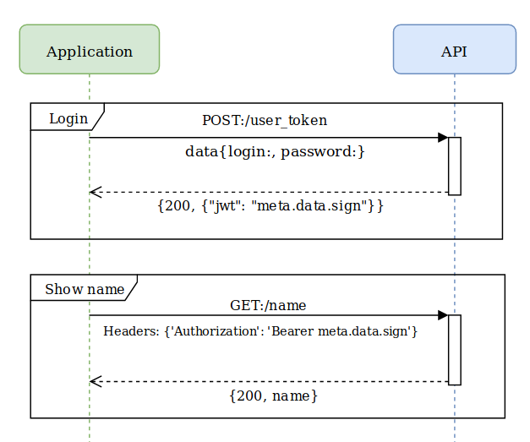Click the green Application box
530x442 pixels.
pos(89,50)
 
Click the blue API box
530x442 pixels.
pos(454,50)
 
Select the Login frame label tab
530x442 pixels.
pos(67,117)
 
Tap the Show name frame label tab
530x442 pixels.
pos(83,289)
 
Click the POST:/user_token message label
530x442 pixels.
pos(264,120)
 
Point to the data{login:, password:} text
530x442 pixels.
pos(275,152)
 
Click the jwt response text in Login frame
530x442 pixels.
pos(270,205)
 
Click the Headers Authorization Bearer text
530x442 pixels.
pos(260,331)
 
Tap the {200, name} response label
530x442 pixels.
pos(274,396)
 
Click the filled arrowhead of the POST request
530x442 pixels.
pos(442,138)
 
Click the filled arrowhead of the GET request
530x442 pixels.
pos(442,315)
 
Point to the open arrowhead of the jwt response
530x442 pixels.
pos(96,192)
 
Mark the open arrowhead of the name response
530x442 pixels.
pos(96,381)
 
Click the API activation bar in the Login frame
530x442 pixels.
pos(454,166)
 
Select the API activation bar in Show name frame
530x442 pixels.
pos(454,349)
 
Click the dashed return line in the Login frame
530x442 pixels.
pos(270,192)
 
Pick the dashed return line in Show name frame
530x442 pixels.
pos(270,381)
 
